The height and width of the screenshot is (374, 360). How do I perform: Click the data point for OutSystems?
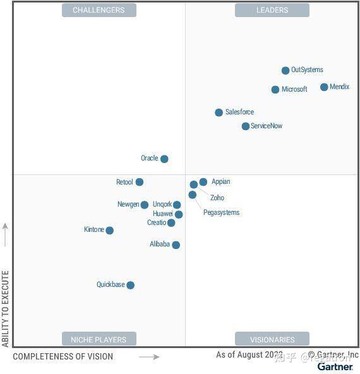(x=285, y=71)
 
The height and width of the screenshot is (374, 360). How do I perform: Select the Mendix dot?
(x=324, y=87)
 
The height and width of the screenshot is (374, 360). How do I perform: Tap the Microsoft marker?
(x=275, y=90)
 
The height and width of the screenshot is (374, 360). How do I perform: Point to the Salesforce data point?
(x=219, y=112)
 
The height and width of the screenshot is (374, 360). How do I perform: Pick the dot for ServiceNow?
(x=246, y=126)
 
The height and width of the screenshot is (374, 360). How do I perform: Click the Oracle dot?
(x=164, y=159)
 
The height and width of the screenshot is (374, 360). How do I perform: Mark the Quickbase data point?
(x=131, y=286)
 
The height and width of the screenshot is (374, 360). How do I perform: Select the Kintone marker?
(x=110, y=231)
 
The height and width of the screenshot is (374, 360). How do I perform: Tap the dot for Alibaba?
(x=176, y=245)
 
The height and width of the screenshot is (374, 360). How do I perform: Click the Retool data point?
(x=140, y=182)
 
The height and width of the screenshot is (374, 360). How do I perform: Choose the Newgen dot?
(x=145, y=205)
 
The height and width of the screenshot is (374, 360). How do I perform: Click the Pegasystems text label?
(x=221, y=213)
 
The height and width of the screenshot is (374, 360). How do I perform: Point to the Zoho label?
(x=217, y=198)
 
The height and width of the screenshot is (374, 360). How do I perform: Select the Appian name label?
(x=220, y=182)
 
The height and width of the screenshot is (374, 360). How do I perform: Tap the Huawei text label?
(x=162, y=214)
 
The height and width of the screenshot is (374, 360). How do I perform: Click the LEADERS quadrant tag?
(x=272, y=10)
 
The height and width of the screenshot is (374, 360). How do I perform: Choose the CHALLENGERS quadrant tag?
(x=99, y=10)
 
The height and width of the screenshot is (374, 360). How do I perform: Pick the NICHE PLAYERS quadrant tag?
(x=99, y=339)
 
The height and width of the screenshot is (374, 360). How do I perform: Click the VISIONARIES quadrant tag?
(x=272, y=339)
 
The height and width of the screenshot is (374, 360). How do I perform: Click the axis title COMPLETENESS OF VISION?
(x=63, y=356)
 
